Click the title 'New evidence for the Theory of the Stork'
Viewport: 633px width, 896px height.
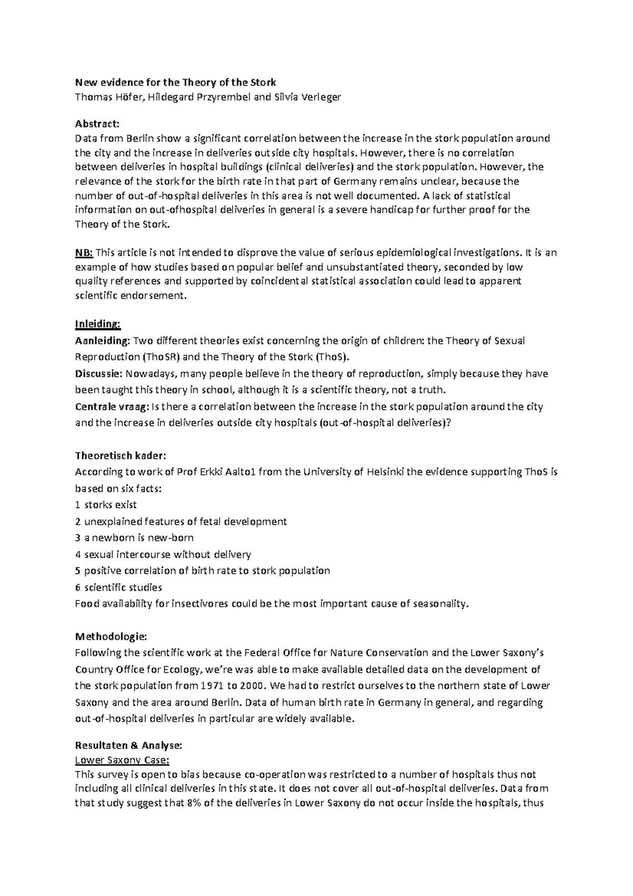176,82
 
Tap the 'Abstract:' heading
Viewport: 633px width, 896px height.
98,124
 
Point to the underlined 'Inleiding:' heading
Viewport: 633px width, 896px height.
98,323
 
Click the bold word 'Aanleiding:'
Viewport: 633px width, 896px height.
103,341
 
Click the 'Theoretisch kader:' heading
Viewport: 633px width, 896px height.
121,455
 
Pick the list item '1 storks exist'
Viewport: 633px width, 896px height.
106,504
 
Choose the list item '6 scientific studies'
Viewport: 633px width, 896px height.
119,587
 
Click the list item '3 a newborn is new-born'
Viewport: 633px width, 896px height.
135,538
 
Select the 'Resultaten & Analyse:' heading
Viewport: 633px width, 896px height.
128,746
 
